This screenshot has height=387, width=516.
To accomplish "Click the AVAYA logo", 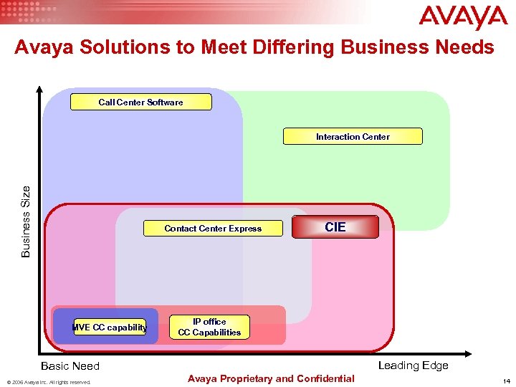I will [x=463, y=18].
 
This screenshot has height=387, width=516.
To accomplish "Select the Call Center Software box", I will [x=141, y=102].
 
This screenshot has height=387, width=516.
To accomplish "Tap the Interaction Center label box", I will [x=353, y=137].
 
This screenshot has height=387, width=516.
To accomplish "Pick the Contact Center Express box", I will [x=213, y=229].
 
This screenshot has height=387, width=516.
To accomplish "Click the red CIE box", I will [x=335, y=227].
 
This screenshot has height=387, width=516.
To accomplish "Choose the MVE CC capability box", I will [x=110, y=328].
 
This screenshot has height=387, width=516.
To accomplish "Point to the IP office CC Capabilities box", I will [x=209, y=327].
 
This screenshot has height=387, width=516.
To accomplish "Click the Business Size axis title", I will [x=26, y=221].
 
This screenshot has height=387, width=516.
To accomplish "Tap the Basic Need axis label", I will [x=70, y=366].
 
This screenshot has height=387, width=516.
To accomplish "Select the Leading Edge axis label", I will [x=413, y=365].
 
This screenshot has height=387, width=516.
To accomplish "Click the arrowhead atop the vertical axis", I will [x=39, y=91].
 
